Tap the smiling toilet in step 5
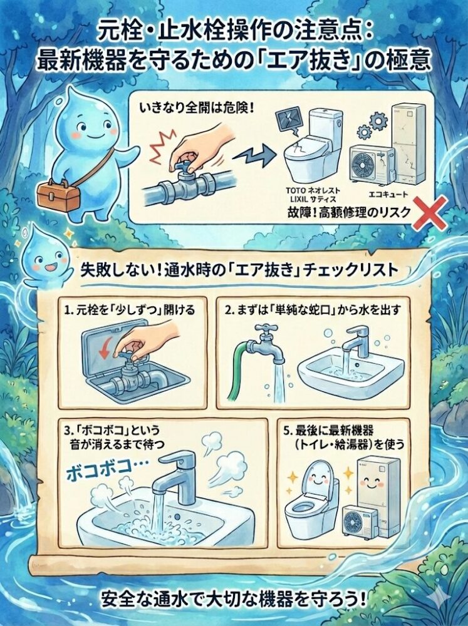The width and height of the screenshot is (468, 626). coord(312,495)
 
